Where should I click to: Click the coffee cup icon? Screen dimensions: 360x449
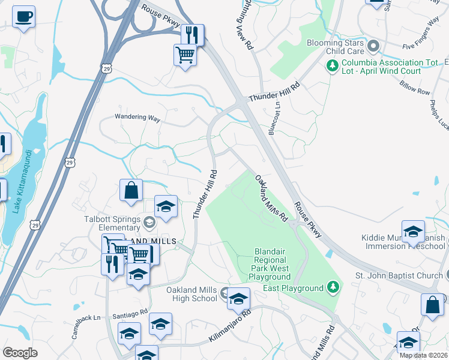coord(23,17)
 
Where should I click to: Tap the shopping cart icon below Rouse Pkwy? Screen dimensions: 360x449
coord(185,55)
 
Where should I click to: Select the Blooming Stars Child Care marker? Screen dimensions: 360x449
coord(373,46)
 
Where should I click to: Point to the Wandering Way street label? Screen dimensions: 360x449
coord(138,119)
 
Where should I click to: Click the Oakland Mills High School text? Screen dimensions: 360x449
coord(191,294)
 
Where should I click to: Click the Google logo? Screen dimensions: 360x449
coord(20,353)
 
